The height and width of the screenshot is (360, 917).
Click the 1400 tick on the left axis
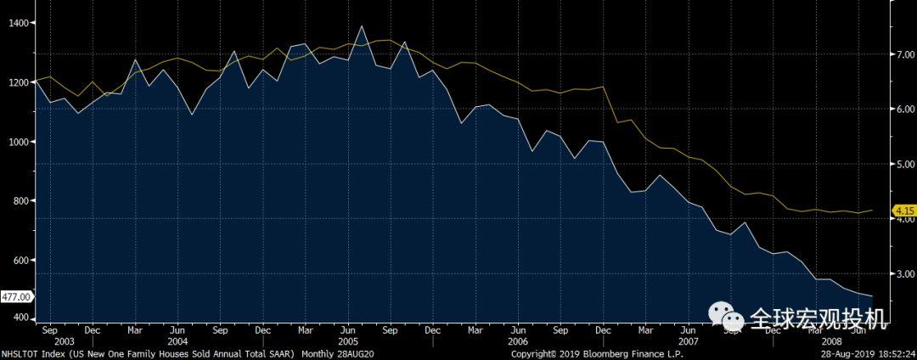coord(17,24)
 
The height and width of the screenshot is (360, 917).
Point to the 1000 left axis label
coord(17,142)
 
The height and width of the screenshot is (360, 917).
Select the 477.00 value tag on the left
coord(17,296)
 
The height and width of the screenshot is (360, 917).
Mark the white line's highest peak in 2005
coord(362,26)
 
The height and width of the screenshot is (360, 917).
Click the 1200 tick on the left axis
coord(17,83)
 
